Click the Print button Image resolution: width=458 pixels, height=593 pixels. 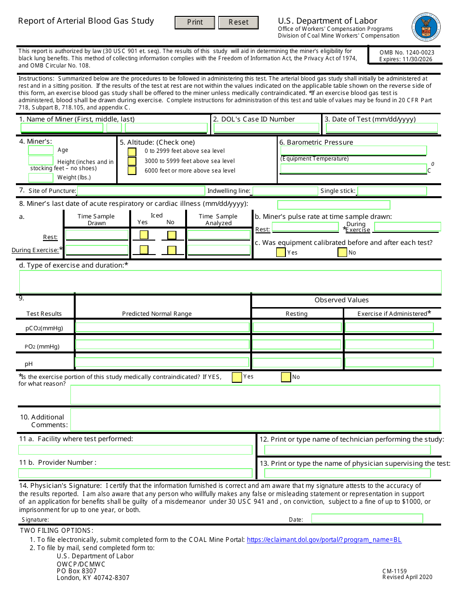(195, 23)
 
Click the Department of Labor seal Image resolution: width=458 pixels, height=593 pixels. (426, 27)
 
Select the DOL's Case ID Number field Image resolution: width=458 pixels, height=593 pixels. (266, 128)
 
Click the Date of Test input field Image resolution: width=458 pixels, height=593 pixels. (381, 128)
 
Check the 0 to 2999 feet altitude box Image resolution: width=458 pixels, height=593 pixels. (132, 151)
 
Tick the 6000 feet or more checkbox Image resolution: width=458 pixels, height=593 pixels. (132, 171)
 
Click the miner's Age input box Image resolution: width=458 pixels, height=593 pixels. (41, 150)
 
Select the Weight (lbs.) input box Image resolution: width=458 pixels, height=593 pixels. (41, 177)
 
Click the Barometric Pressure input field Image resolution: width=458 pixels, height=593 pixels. (353, 150)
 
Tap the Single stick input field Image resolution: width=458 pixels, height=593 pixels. (392, 191)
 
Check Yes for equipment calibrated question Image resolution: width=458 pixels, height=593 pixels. (281, 252)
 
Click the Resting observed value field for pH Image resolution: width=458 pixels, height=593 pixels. (296, 363)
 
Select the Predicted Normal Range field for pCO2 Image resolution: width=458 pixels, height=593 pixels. (162, 327)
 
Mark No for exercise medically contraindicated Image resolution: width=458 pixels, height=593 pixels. (286, 377)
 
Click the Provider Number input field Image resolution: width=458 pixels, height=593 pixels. (135, 473)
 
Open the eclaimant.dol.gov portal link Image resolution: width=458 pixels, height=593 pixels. (324, 540)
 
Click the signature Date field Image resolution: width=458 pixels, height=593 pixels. (367, 519)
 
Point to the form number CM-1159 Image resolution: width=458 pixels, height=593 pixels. (394, 571)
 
